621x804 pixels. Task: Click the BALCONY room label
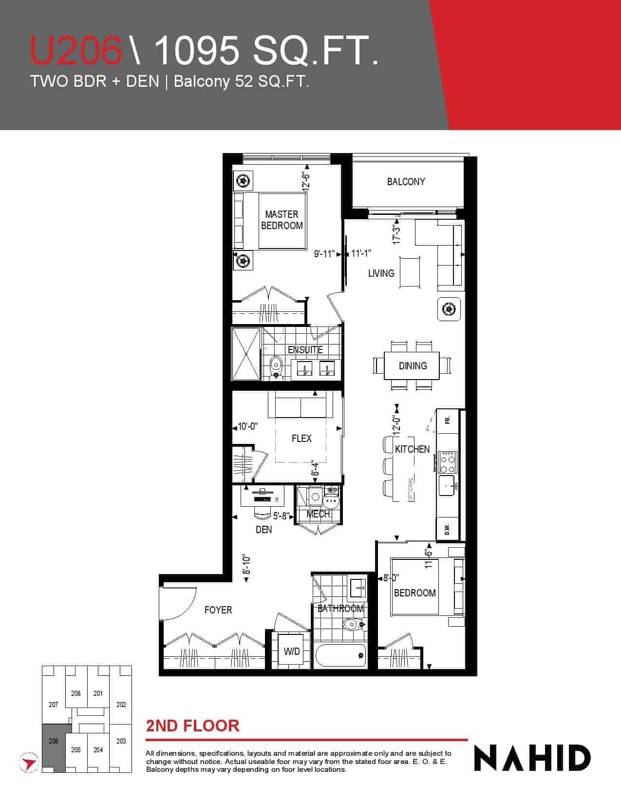(406, 182)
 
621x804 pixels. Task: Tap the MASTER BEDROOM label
(282, 220)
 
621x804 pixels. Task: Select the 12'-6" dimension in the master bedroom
(305, 181)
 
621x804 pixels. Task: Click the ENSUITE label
(305, 350)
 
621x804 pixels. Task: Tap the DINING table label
(413, 365)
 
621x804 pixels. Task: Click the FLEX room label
(301, 439)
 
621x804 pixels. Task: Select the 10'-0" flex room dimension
(247, 426)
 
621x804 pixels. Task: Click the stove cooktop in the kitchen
(448, 462)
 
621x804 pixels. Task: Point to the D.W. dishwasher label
(447, 530)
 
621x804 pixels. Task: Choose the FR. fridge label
(448, 421)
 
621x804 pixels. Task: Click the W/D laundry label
(291, 651)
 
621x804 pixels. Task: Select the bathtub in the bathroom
(340, 655)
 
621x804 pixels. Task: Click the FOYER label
(218, 610)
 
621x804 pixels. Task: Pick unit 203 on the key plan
(121, 741)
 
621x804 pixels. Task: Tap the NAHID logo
(532, 758)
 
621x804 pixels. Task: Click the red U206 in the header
(76, 50)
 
